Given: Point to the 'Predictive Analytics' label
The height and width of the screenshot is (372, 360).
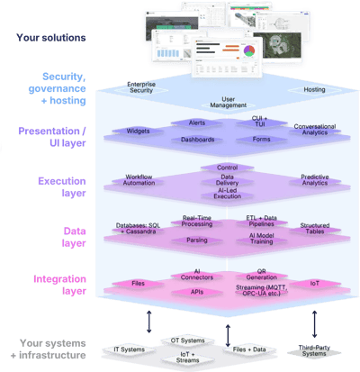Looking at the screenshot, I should click(x=283, y=181).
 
